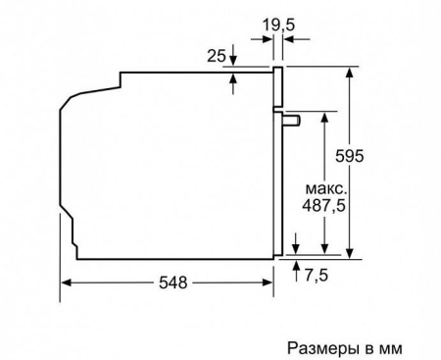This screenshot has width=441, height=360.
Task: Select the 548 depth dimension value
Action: (x=173, y=282)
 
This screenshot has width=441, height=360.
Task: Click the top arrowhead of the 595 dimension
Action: (x=350, y=73)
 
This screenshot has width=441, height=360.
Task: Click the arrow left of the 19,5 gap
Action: (x=268, y=40)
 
